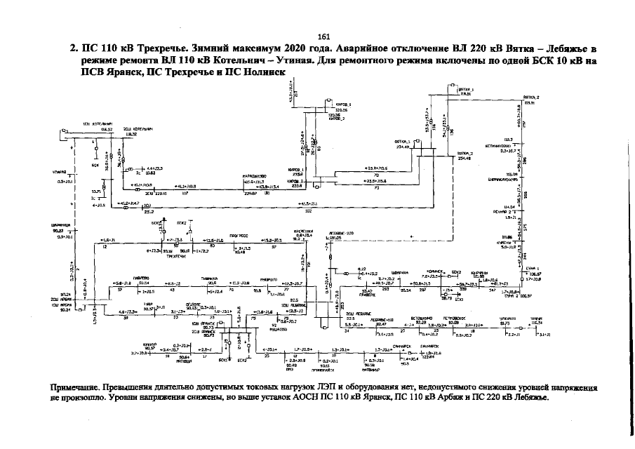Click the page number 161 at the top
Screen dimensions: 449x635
pos(323,37)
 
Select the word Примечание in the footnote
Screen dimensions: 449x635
pos(74,387)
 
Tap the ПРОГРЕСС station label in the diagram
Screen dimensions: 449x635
pos(241,236)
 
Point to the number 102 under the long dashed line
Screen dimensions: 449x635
pos(309,210)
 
